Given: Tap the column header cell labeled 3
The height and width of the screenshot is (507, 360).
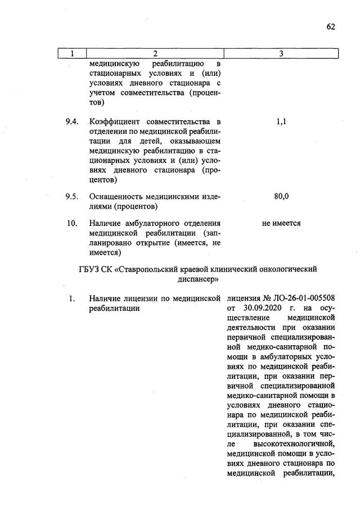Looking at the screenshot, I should [281, 53].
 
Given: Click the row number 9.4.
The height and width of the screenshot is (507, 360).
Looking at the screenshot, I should [71, 122].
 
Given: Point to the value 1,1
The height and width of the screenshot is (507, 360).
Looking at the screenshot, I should [281, 122].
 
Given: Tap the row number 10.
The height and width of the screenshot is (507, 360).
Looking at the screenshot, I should [71, 223].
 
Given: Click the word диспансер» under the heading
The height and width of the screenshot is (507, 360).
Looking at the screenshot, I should [196, 279].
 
